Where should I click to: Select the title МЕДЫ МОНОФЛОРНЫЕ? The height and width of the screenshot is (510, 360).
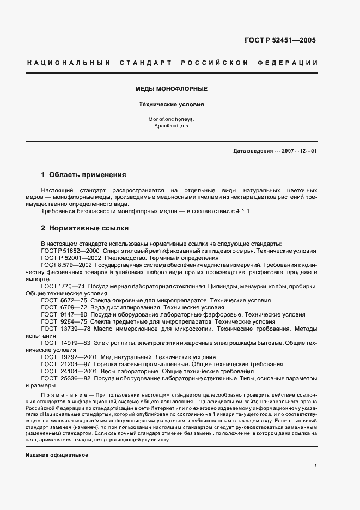click(171, 88)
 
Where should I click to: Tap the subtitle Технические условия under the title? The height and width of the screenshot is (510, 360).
click(171, 104)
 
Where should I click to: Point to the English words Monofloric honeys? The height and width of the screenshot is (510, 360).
click(171, 119)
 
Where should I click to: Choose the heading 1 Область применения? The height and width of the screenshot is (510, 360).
click(84, 175)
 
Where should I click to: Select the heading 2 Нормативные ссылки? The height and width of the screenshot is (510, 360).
click(85, 228)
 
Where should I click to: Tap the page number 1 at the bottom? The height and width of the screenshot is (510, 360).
click(315, 466)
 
